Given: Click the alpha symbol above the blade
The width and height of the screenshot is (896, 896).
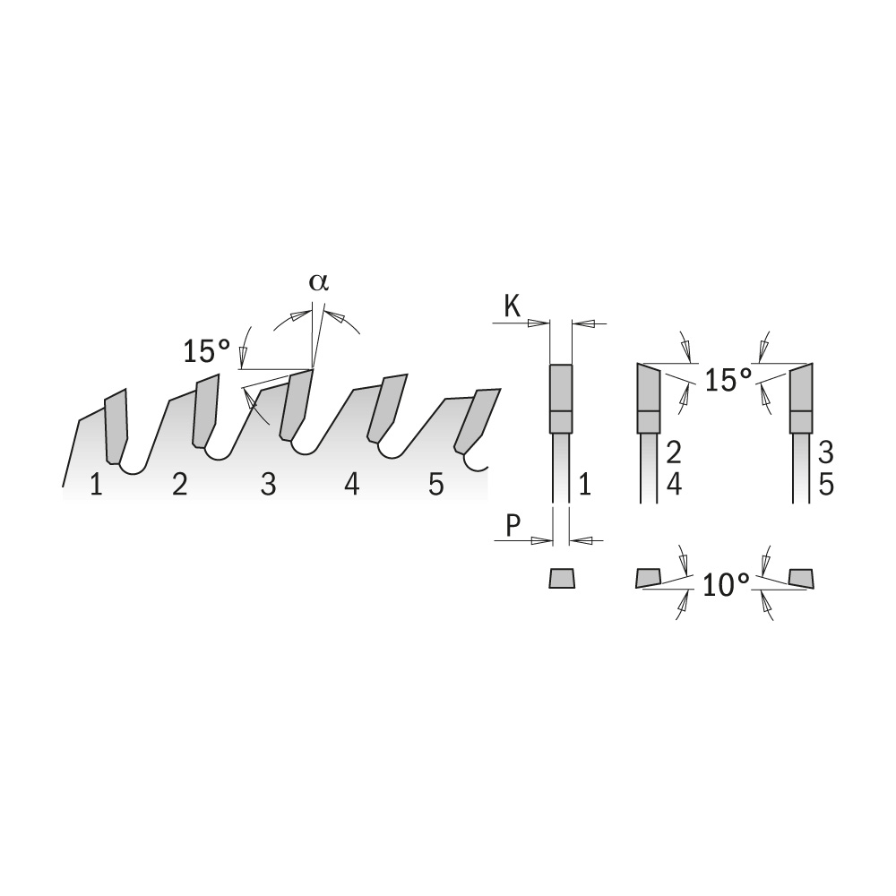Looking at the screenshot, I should pyautogui.click(x=319, y=282).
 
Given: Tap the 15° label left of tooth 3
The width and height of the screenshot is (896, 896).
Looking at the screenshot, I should pyautogui.click(x=207, y=350).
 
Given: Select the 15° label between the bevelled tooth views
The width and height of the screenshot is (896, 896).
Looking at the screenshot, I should pyautogui.click(x=727, y=379).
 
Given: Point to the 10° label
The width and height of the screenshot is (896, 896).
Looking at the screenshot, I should pyautogui.click(x=726, y=586).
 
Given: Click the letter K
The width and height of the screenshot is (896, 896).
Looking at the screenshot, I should pyautogui.click(x=512, y=306).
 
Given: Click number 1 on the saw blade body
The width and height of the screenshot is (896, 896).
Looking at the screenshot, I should pyautogui.click(x=96, y=486).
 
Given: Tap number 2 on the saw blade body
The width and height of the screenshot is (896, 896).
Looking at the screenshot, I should pyautogui.click(x=180, y=486).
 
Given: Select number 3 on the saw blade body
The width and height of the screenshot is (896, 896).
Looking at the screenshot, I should pyautogui.click(x=268, y=486).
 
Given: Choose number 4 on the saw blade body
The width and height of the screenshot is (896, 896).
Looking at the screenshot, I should pyautogui.click(x=352, y=486).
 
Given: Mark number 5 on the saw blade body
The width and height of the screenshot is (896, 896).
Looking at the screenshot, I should pyautogui.click(x=436, y=486).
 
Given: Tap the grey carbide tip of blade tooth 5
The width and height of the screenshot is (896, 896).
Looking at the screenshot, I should pyautogui.click(x=477, y=419).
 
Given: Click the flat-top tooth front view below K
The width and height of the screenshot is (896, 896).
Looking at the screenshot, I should pyautogui.click(x=561, y=399).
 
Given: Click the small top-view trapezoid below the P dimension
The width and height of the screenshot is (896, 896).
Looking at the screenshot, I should pyautogui.click(x=562, y=578).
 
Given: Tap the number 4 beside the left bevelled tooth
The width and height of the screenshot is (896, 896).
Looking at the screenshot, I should pyautogui.click(x=675, y=486).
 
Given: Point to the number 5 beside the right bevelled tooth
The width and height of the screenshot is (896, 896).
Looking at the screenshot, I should pyautogui.click(x=827, y=486).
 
